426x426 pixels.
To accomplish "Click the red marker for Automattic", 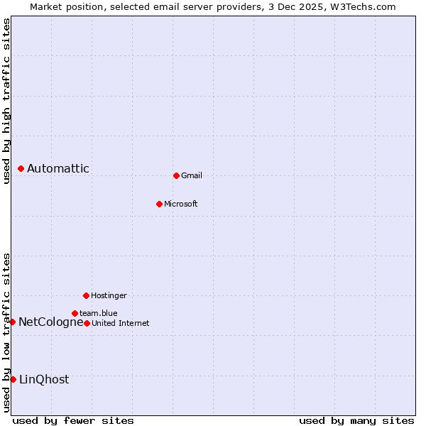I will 21,169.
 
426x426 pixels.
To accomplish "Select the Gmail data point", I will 176,175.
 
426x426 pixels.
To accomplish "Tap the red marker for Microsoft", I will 159,204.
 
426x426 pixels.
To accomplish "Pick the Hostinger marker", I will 86,295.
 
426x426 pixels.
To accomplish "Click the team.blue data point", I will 75,313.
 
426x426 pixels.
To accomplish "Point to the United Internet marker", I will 87,323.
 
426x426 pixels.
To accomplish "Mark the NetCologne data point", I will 12,322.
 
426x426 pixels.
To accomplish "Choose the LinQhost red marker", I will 13,379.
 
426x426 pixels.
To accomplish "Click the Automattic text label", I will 58,169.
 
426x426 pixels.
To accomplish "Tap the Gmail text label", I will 192,175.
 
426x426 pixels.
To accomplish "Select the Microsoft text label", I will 181,204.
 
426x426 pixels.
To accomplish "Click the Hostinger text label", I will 109,295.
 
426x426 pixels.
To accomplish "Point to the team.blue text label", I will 99,313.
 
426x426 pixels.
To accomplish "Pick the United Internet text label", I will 121,323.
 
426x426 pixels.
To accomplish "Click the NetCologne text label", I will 50,322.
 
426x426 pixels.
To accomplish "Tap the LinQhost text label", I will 44,379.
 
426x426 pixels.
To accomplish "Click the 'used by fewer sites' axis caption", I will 73,420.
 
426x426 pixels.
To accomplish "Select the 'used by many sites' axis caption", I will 356,420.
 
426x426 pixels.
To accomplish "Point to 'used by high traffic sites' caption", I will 6,102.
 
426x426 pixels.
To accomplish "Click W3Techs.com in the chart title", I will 364,6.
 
